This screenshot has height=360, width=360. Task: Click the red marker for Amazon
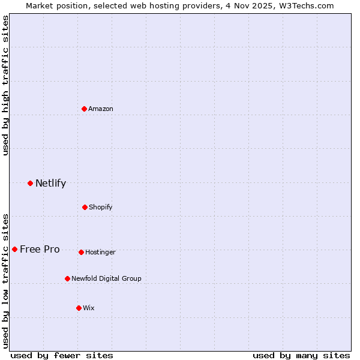[x=85, y=109]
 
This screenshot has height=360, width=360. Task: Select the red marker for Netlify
[x=30, y=183]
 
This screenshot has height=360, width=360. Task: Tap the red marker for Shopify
[x=85, y=207]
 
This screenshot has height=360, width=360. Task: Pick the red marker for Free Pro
[x=14, y=249]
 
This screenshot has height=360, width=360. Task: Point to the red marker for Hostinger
[x=81, y=252]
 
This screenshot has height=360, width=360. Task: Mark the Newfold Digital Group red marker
[x=67, y=278]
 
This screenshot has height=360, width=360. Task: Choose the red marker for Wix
[x=79, y=308]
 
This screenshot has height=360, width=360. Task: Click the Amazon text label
[x=101, y=109]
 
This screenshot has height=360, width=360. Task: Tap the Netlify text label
[x=50, y=183]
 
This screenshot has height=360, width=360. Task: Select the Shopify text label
[x=101, y=207]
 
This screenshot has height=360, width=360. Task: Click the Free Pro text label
[x=40, y=249]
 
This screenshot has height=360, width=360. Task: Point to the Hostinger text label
[x=100, y=252]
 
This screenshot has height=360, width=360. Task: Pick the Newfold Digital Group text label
[x=106, y=278]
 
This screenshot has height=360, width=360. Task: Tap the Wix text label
[x=89, y=308]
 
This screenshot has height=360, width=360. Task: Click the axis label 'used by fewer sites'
[x=62, y=355]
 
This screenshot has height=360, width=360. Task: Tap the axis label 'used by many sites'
[x=301, y=355]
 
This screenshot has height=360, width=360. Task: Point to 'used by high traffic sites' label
[x=5, y=85]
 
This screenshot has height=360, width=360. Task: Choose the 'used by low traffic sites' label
[x=5, y=280]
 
